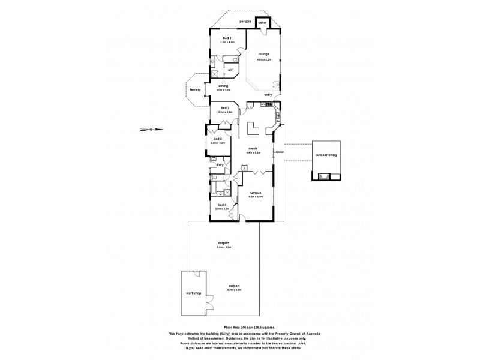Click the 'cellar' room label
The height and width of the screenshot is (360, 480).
click(263, 22)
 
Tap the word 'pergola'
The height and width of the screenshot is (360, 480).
click(244, 21)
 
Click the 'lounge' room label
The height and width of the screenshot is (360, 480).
click(263, 54)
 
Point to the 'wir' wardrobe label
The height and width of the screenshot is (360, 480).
click(230, 70)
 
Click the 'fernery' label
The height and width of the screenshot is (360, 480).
click(195, 90)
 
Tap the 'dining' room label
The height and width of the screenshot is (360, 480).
click(223, 86)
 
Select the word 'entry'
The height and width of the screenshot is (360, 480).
click(268, 95)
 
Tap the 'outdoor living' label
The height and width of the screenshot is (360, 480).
click(326, 155)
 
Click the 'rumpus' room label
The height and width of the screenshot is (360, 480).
click(255, 192)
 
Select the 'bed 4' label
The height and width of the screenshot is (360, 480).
click(221, 205)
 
